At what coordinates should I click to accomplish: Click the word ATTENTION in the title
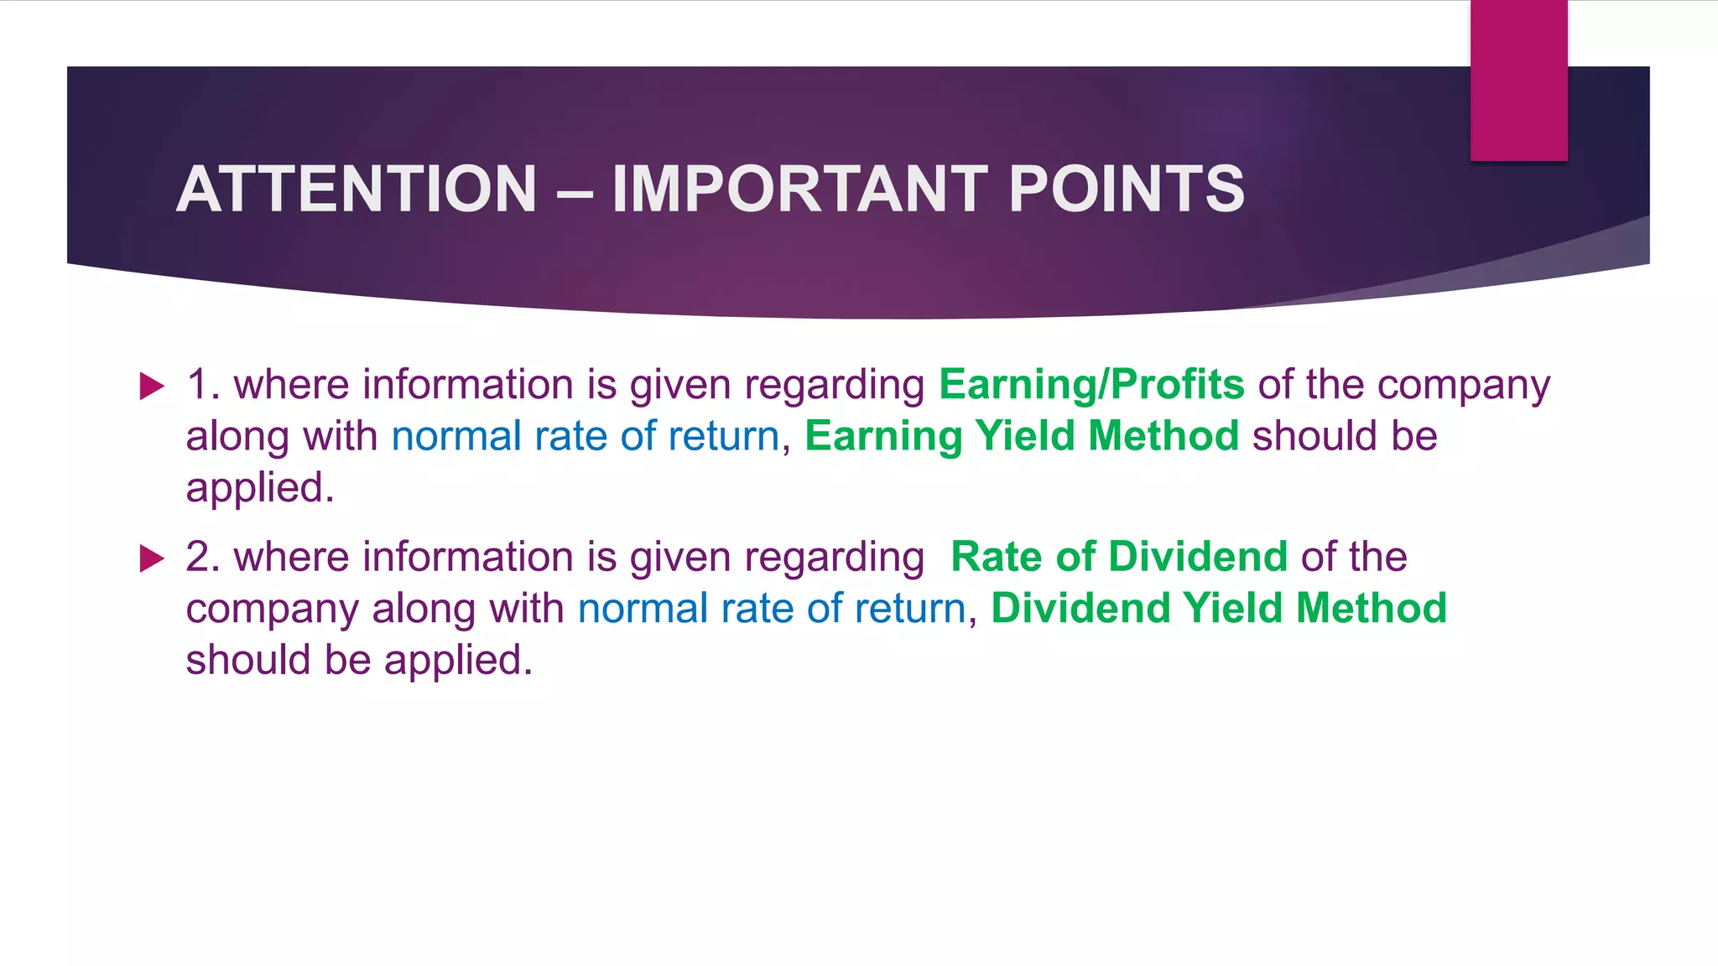(357, 190)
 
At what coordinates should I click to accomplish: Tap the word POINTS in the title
(1126, 190)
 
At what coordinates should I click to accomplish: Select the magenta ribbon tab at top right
(1518, 80)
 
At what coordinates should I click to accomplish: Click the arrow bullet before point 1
(152, 387)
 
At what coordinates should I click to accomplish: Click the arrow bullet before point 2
(152, 558)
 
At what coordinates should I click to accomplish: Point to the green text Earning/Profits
(1091, 386)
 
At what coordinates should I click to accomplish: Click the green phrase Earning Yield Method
(1021, 437)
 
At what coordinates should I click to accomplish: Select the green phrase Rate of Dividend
(1118, 558)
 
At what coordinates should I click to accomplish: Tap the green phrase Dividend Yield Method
(1218, 609)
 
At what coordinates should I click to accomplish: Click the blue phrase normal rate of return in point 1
(585, 437)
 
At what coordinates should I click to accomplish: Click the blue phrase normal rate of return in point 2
(771, 609)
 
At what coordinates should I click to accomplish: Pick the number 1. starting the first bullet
(202, 386)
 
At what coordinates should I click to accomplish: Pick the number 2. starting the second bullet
(202, 558)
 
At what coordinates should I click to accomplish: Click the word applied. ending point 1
(260, 489)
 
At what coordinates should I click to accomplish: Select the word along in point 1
(237, 438)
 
